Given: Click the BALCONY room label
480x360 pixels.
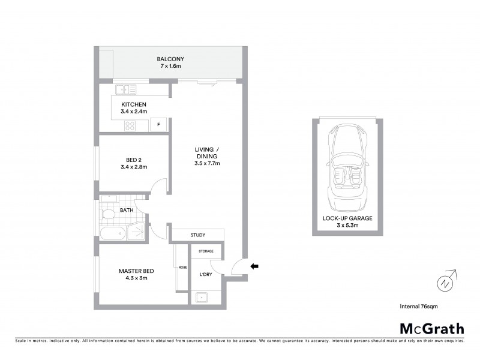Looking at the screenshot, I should pyautogui.click(x=170, y=59).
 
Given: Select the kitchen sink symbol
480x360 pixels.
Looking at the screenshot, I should pyautogui.click(x=127, y=90).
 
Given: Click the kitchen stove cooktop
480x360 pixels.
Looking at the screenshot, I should pyautogui.click(x=130, y=125).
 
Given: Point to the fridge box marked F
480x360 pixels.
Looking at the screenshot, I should pyautogui.click(x=158, y=125).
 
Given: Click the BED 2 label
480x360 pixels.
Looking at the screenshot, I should pyautogui.click(x=134, y=160).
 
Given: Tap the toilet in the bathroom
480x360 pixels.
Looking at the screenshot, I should pyautogui.click(x=109, y=214).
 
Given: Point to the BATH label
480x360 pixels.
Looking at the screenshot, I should pyautogui.click(x=127, y=210).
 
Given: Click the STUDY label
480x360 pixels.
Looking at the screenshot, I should pyautogui.click(x=198, y=235).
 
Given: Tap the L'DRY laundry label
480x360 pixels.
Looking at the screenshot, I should pyautogui.click(x=199, y=274).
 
